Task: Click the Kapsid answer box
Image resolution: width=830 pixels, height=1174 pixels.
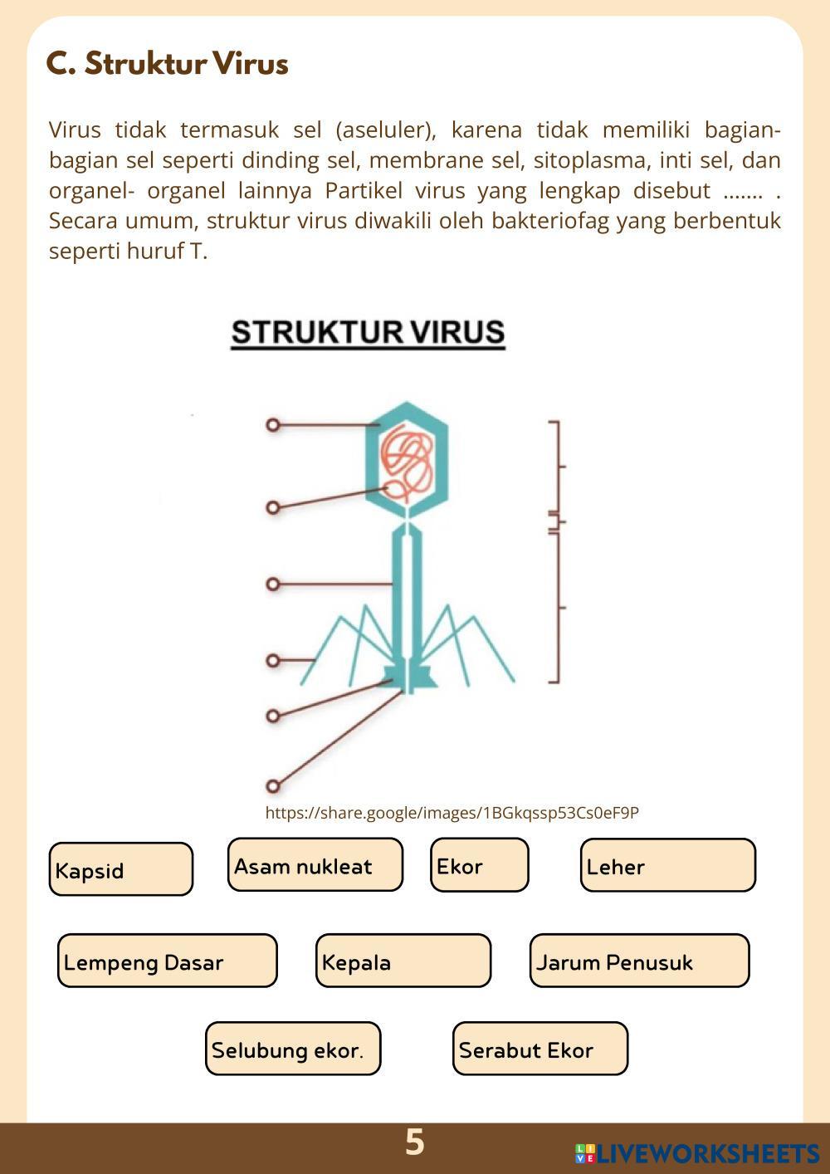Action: [x=121, y=869]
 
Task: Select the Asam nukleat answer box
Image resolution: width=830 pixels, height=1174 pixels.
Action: [x=315, y=865]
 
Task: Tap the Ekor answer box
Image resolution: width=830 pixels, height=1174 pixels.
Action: [x=480, y=865]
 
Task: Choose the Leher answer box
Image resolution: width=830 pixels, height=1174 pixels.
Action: [x=668, y=865]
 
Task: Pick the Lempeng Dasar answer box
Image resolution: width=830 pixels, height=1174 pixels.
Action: [x=167, y=961]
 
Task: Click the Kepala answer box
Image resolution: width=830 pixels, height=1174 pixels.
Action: [x=403, y=961]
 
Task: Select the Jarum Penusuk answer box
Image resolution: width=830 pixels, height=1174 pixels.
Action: [x=639, y=961]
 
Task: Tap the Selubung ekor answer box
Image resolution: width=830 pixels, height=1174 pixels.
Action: [x=293, y=1049]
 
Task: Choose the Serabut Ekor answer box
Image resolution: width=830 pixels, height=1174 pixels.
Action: [x=540, y=1049]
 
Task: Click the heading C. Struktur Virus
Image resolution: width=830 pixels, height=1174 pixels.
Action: [x=168, y=64]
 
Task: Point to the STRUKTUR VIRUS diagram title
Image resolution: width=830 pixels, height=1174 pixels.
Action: [x=368, y=333]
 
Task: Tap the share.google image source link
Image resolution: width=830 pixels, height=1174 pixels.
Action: [x=452, y=813]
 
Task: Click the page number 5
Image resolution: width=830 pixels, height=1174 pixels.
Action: [x=414, y=1142]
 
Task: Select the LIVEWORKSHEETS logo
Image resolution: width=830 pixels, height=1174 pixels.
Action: [x=697, y=1152]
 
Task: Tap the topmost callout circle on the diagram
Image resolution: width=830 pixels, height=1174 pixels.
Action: [x=273, y=425]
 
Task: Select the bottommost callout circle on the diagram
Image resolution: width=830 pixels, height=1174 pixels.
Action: [x=273, y=785]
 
